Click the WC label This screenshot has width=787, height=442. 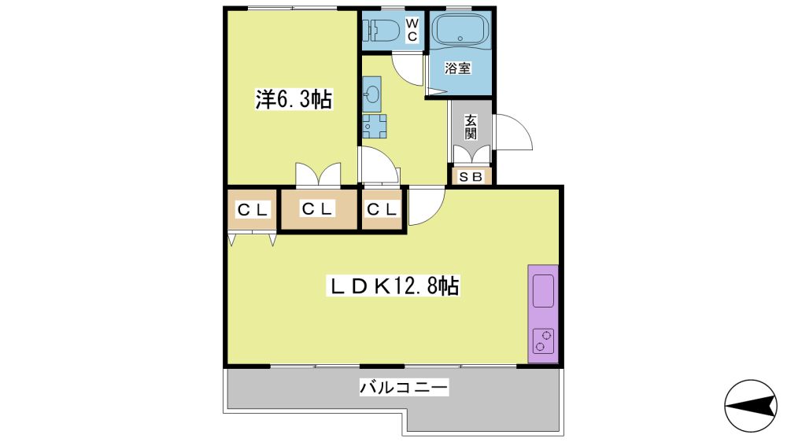[412, 30]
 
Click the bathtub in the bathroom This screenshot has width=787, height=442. [460, 29]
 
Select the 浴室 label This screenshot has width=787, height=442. [458, 68]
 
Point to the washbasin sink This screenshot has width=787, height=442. [372, 94]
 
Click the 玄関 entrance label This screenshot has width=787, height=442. [471, 127]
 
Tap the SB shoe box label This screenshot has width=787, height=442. [471, 177]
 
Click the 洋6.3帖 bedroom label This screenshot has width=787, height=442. [294, 99]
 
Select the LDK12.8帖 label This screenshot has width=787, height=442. [393, 286]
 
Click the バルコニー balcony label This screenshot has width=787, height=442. [404, 387]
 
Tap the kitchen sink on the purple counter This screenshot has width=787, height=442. [543, 291]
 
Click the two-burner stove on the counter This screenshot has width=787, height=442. [543, 341]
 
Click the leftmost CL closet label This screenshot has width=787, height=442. [253, 210]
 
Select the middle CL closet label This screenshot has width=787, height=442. [318, 208]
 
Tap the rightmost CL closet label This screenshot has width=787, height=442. [382, 208]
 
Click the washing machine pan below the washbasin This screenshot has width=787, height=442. [375, 126]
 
